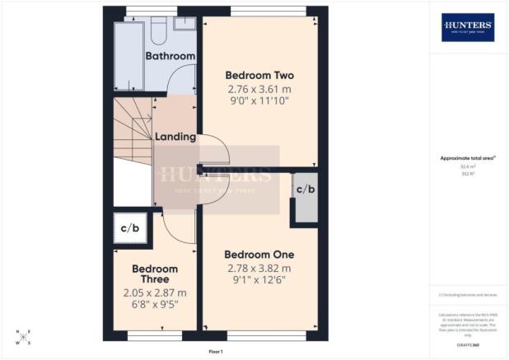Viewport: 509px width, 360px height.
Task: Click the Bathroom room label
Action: [170, 56]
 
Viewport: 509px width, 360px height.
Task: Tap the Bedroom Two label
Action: [259, 75]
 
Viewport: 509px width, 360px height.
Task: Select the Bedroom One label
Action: [259, 255]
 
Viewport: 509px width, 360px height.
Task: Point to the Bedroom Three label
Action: [155, 274]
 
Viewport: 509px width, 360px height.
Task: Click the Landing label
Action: [175, 137]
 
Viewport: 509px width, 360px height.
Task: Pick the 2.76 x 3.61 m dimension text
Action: [259, 88]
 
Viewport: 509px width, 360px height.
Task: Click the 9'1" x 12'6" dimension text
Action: [259, 281]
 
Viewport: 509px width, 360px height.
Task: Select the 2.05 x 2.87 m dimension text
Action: [155, 292]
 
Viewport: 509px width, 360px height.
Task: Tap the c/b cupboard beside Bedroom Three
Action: [129, 228]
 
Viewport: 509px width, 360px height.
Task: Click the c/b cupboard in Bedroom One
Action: [305, 189]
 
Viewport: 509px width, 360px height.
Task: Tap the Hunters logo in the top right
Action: [467, 27]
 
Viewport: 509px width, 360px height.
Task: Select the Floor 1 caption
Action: [216, 352]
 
